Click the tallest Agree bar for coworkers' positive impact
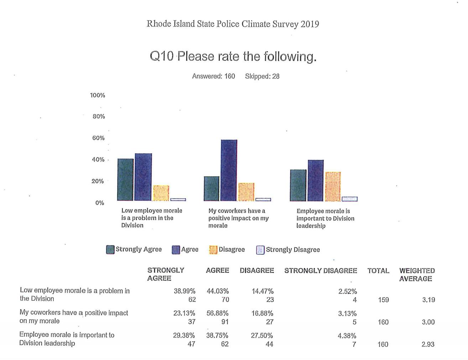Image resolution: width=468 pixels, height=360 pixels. click(229, 170)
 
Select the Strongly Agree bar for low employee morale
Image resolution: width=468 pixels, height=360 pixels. click(125, 180)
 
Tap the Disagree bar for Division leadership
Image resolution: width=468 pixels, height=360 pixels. click(333, 186)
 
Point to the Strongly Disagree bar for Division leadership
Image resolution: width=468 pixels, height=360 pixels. click(349, 199)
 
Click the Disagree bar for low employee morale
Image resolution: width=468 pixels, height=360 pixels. click(161, 193)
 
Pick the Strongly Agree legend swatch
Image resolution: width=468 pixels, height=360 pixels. click(110, 250)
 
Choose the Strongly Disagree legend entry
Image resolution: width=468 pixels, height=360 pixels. click(288, 250)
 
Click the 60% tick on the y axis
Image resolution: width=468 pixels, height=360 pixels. click(98, 138)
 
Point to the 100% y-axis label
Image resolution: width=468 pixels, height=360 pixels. click(97, 95)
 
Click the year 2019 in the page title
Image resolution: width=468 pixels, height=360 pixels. click(310, 24)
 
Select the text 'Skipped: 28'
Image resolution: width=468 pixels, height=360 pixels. click(262, 76)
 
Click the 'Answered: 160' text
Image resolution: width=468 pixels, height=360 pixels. click(213, 76)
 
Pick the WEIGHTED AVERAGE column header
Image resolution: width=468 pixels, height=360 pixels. click(417, 274)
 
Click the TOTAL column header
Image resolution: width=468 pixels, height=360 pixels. click(378, 271)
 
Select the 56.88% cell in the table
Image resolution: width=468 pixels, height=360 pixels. click(217, 313)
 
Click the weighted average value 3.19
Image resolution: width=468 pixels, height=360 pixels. click(428, 300)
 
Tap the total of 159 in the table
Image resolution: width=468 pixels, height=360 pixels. click(383, 300)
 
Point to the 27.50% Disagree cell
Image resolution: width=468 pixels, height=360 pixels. click(262, 335)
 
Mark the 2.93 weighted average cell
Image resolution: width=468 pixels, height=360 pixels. click(428, 344)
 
